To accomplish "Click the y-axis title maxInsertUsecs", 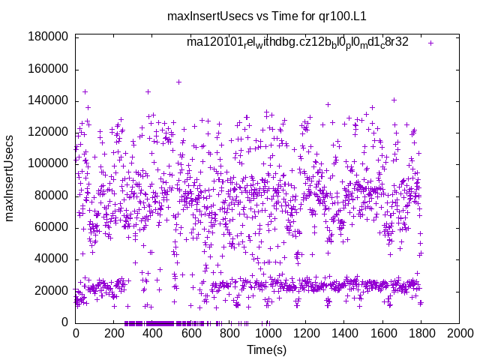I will (x=10, y=178).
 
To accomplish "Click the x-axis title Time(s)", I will (x=268, y=349).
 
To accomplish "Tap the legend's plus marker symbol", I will (x=430, y=43).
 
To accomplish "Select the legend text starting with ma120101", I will (x=298, y=43).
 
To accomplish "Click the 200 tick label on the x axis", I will (x=113, y=334).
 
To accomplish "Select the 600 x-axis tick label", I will (x=190, y=334).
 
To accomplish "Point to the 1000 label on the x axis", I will (x=268, y=334).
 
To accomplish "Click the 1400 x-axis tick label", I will (x=344, y=334).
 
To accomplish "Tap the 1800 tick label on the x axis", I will (x=421, y=334).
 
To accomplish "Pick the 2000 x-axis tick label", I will (x=460, y=334).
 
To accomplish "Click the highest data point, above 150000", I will (x=178, y=82).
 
